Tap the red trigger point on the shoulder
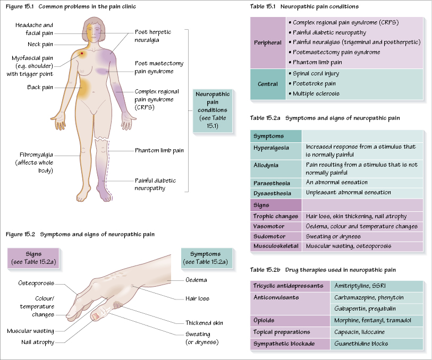pos(82,53)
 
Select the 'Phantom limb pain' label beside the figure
pos(159,150)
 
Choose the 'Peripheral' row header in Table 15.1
pos(268,42)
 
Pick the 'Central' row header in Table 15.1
pos(268,84)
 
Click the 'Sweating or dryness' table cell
pos(333,236)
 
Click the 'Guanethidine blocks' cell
pos(361,344)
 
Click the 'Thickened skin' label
pos(204,323)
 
